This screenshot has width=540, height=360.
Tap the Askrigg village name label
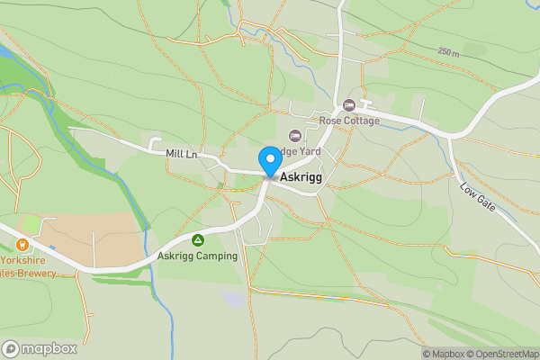coord(301,178)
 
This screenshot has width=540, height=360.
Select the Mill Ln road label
coord(182,154)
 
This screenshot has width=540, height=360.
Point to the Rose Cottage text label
coord(349,121)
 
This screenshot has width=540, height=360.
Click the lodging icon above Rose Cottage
coord(349,106)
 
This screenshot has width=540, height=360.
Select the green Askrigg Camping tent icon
coord(197,240)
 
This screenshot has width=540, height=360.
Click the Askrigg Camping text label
coord(197,256)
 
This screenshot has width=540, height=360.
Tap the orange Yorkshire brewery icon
coord(22,244)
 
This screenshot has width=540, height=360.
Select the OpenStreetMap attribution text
coord(501,353)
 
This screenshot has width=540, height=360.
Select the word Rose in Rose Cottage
coord(329,121)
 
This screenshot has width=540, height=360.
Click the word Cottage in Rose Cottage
coord(361,121)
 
